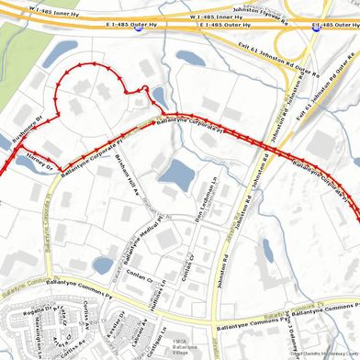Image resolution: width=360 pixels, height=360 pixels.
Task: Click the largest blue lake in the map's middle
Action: pos(175,172)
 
